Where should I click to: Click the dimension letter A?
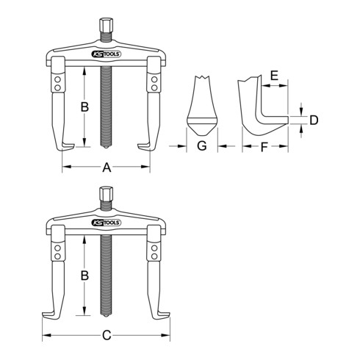point(107,168)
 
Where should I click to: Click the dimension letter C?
point(107,335)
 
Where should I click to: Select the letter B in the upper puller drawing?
point(84,107)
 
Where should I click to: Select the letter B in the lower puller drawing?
point(84,276)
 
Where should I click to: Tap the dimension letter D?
point(314,120)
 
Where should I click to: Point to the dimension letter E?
point(274,75)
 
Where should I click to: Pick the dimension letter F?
point(264,147)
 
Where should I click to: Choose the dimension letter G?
point(202,145)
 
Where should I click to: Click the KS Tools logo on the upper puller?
point(106,54)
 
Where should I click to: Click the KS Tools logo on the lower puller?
point(106,223)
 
